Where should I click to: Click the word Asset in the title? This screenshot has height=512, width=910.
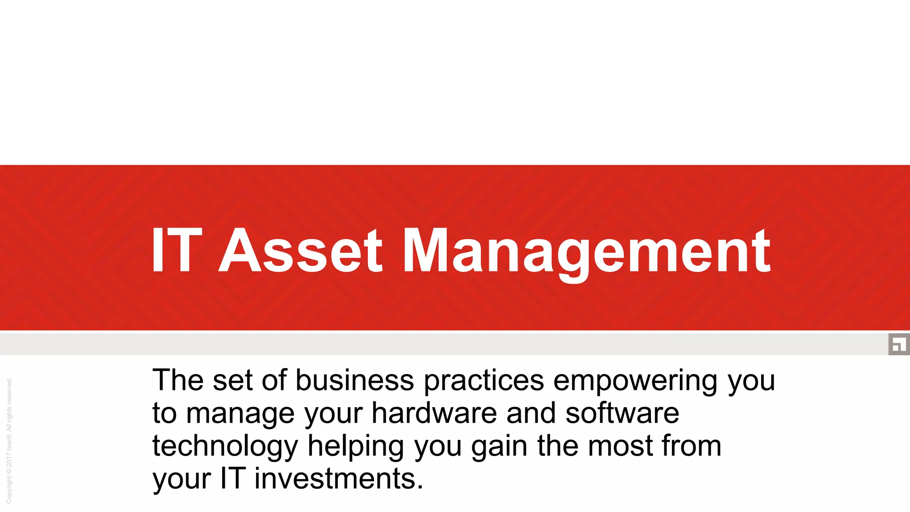click(x=300, y=251)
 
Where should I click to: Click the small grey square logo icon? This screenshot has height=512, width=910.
click(x=899, y=344)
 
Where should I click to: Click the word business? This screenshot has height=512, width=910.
click(x=355, y=380)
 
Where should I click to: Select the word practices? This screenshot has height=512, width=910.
click(x=484, y=381)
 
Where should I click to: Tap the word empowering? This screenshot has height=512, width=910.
click(x=635, y=381)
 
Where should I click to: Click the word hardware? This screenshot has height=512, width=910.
click(x=434, y=413)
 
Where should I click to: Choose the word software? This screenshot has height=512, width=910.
click(x=622, y=413)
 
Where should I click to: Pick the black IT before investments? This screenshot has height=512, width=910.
click(x=232, y=479)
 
